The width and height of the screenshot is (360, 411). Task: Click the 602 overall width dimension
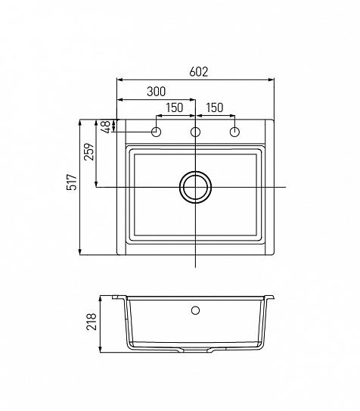click(199, 72)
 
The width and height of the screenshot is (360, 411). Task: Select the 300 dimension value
click(157, 92)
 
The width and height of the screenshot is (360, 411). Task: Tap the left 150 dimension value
click(175, 107)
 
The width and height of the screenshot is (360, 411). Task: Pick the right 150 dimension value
click(215, 107)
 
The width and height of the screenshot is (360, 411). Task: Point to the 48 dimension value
click(107, 127)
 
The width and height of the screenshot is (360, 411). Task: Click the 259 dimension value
click(88, 151)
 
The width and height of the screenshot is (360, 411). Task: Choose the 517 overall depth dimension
click(72, 182)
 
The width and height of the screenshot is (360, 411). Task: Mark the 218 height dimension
click(92, 322)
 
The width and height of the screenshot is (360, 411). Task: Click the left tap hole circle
click(157, 132)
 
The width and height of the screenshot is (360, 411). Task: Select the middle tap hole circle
click(195, 132)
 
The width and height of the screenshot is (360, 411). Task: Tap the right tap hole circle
click(234, 132)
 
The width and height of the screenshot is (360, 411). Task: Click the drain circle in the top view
click(196, 172)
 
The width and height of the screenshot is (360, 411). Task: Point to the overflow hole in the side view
click(196, 310)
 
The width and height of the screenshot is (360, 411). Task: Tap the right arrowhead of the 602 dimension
click(272, 79)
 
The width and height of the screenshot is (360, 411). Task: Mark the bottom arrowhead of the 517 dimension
click(80, 251)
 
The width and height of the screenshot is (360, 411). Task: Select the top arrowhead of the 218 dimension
click(101, 299)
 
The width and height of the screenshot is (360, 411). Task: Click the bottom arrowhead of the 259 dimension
click(96, 184)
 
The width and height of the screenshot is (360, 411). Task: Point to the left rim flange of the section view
click(119, 297)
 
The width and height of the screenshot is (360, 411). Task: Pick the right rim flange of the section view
click(270, 297)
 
